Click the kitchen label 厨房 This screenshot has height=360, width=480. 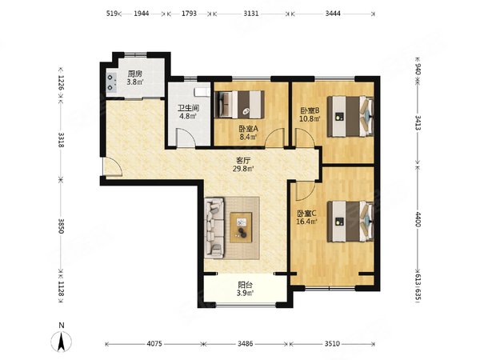pyautogui.click(x=135, y=74)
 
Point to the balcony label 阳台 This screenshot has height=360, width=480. pyautogui.click(x=246, y=285)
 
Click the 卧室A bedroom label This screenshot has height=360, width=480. pyautogui.click(x=249, y=129)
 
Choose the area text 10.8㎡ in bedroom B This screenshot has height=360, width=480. pyautogui.click(x=310, y=118)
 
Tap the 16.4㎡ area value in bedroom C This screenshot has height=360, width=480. pyautogui.click(x=306, y=222)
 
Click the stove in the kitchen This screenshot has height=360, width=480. pyautogui.click(x=111, y=83)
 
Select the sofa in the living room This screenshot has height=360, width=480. pyautogui.click(x=214, y=227)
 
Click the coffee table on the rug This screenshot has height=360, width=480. pyautogui.click(x=242, y=227)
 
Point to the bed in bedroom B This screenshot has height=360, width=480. pyautogui.click(x=350, y=116)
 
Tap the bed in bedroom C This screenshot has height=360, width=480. pyautogui.click(x=350, y=221)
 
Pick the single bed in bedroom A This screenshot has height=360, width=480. pyautogui.click(x=240, y=104)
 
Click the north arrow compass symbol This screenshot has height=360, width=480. pyautogui.click(x=62, y=341)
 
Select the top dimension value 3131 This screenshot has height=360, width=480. pyautogui.click(x=251, y=14)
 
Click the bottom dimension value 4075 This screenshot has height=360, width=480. pyautogui.click(x=154, y=344)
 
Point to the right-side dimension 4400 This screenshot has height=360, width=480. pyautogui.click(x=418, y=219)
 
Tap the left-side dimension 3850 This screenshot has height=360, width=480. pyautogui.click(x=62, y=226)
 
